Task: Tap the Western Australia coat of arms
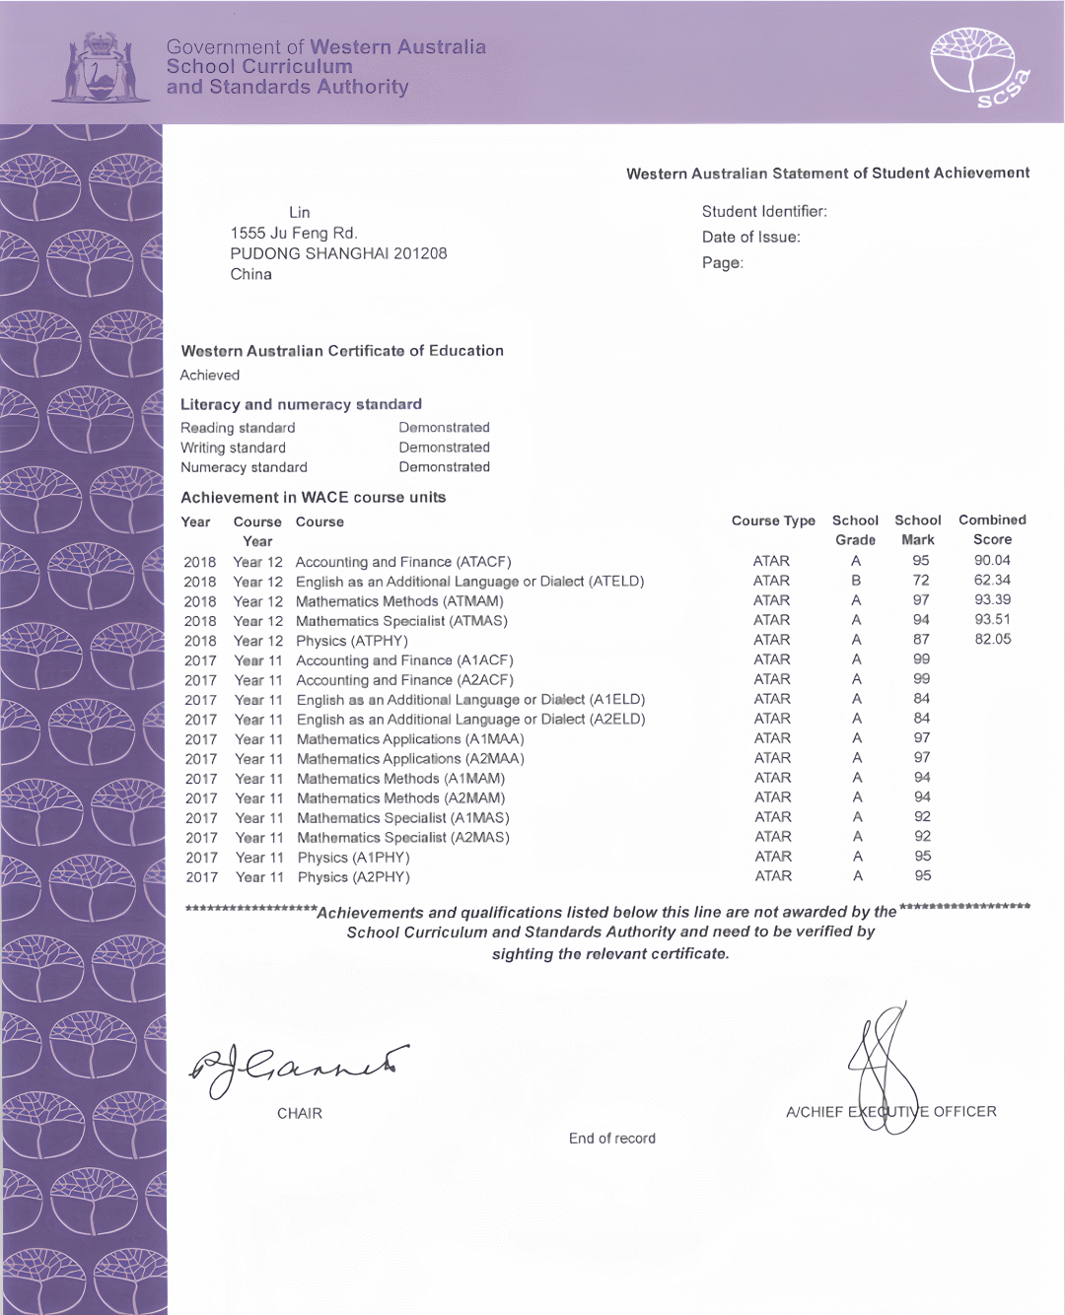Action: [99, 67]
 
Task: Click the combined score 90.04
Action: [992, 560]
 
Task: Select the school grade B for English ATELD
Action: [856, 581]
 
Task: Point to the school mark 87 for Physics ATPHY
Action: [921, 640]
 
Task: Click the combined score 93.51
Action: [992, 620]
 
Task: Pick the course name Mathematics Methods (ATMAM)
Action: [399, 601]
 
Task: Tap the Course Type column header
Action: [773, 520]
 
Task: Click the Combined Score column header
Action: [992, 529]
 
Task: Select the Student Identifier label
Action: [764, 211]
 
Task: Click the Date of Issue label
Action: [751, 237]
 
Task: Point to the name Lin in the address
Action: [300, 212]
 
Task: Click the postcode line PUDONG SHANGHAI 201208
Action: [338, 253]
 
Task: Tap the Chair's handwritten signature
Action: [296, 1067]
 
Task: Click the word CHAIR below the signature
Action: [300, 1113]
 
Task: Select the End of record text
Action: [611, 1139]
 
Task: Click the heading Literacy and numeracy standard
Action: [301, 404]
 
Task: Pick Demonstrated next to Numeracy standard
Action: [444, 467]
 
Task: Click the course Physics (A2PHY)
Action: [353, 877]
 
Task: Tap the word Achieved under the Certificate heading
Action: [210, 375]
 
